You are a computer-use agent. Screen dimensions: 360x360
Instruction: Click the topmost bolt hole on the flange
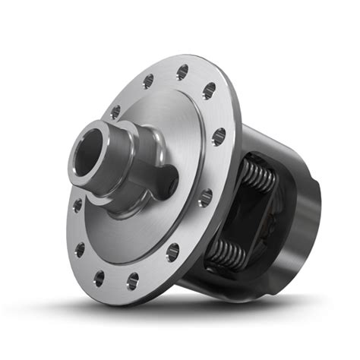pos(182,73)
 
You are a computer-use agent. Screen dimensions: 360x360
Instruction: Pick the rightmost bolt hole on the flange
pos(219,137)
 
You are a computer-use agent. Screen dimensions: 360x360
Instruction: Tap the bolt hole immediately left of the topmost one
pos(147,81)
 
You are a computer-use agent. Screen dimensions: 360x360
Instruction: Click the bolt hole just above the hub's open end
pos(115,112)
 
